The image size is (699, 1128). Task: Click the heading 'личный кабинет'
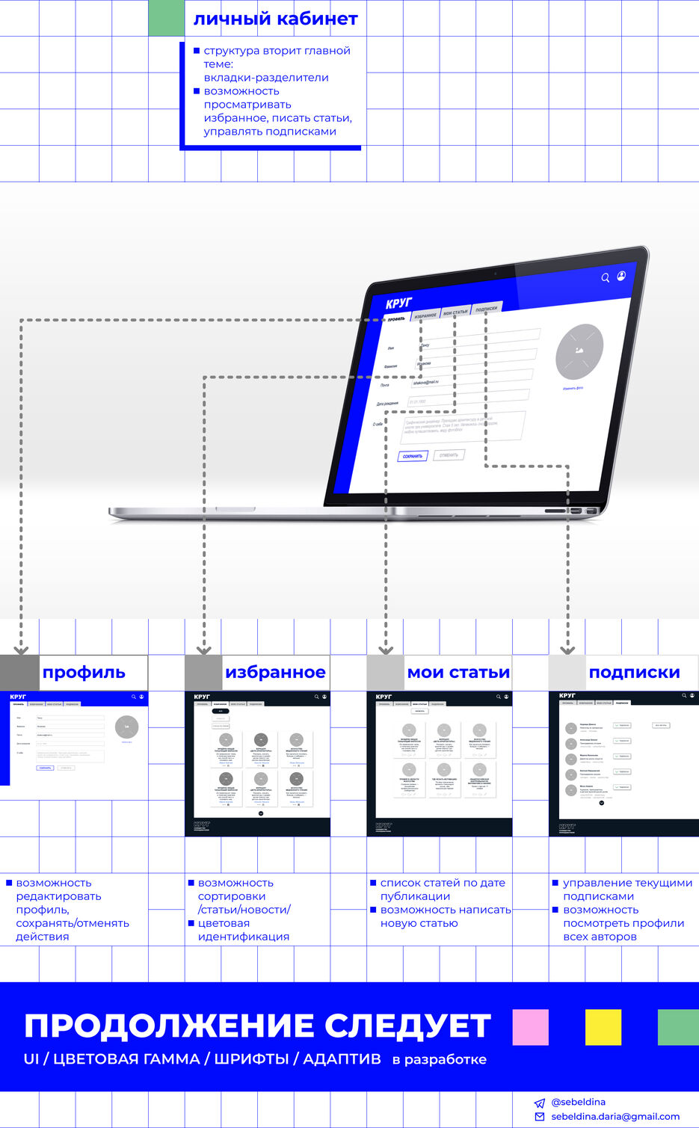tap(275, 19)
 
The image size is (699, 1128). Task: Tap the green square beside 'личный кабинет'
tap(166, 18)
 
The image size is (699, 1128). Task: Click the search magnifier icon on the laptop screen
tap(606, 278)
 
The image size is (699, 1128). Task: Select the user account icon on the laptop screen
tap(621, 276)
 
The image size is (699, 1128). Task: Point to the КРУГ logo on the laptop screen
tap(398, 303)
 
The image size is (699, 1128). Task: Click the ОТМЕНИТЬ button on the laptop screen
tap(449, 454)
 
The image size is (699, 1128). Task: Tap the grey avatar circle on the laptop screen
tap(579, 351)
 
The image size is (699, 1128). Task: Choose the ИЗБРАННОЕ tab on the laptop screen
tap(425, 315)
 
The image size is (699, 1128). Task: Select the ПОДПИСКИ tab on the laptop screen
tap(486, 309)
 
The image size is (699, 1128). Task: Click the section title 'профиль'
tap(84, 672)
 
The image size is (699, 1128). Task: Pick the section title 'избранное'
tap(275, 672)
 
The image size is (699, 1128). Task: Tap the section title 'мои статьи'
tap(458, 672)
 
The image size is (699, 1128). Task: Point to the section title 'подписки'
tap(634, 672)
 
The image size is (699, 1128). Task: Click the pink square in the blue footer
tap(530, 1027)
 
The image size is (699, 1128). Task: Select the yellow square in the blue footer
tap(603, 1027)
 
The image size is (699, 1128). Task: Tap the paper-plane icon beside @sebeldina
tap(540, 1103)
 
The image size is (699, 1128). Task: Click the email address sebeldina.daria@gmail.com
tap(615, 1116)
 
